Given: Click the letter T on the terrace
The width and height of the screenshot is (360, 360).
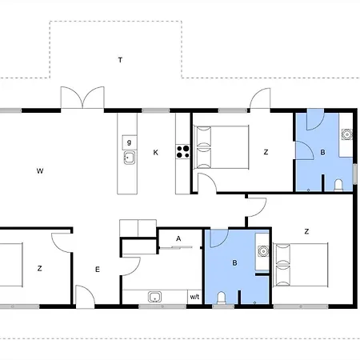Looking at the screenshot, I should coord(120,60).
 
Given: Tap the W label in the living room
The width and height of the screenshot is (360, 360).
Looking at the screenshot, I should coord(39,170).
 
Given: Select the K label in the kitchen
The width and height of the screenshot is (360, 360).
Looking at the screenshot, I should coord(156,151).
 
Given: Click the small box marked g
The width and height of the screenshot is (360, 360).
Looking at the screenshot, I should coord(128,142).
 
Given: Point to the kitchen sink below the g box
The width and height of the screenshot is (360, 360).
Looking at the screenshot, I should coord(128,158).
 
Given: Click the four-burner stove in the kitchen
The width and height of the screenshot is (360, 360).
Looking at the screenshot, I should coord(183,152).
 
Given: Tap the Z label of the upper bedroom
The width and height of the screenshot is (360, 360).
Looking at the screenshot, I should coord(266,151).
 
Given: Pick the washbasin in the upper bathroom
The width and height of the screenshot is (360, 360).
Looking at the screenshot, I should coord(347,135).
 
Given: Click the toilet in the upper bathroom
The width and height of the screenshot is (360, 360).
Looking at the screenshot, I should coord(339,186).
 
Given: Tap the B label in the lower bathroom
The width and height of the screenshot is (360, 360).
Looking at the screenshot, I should coord(234,262).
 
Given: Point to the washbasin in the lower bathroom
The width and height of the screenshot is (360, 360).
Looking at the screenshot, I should coord(262,250).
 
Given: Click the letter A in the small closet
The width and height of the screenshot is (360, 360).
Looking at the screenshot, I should coord(178,238).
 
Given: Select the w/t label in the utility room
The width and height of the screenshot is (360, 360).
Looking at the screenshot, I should coord(194,297).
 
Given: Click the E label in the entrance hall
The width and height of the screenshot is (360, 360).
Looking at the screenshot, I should coord(98,270).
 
